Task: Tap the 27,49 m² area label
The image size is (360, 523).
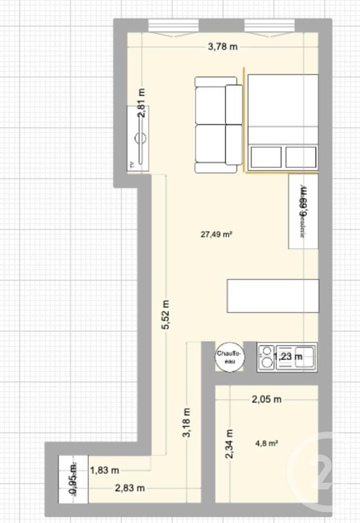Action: [217, 236]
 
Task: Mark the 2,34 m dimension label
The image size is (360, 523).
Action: [229, 444]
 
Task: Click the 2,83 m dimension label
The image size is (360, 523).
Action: [130, 488]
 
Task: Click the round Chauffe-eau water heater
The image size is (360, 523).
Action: [229, 357]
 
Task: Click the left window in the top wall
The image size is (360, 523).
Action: [173, 25]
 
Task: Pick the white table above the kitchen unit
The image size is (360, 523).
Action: [272, 295]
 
